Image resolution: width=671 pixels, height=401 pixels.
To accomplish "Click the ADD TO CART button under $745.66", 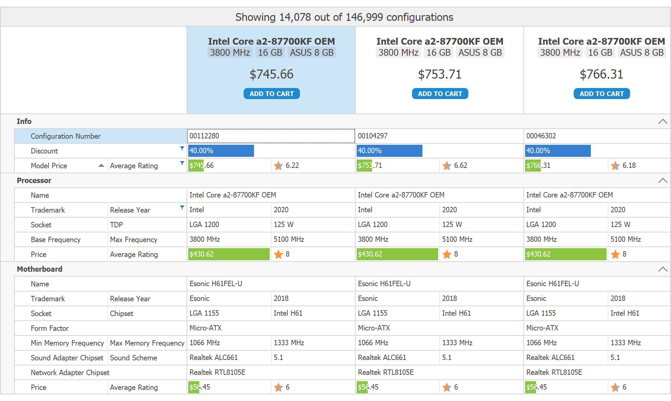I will pos(271,94).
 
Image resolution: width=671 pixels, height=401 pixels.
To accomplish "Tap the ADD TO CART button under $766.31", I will pos(602,94).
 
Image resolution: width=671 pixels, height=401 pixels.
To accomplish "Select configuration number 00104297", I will pos(372,136).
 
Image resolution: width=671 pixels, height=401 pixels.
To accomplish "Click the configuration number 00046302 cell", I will pos(541,136).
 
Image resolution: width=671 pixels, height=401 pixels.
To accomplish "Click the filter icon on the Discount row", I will pos(182,148).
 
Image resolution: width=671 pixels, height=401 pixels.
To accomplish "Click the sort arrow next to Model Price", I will pos(101,166).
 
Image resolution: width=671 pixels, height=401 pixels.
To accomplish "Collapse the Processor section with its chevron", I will pos(663,181).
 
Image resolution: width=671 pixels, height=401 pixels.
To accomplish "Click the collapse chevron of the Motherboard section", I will pos(663,269).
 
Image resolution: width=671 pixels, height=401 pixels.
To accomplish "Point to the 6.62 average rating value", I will pos(460,166).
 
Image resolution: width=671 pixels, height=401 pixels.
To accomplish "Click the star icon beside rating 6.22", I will pos(278,166).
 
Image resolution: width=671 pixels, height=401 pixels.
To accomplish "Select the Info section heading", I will pos(24,122).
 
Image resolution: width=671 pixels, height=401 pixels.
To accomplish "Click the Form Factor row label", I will pos(50,328).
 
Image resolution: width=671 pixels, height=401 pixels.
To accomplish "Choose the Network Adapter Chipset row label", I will pos(70,373).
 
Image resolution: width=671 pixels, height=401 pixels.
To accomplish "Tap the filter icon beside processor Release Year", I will pos(182,208).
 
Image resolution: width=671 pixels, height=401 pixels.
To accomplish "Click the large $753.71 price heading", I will pos(440,74).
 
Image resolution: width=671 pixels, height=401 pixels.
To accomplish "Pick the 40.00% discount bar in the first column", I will pos(221,151).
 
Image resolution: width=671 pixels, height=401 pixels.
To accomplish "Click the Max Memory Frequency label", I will pos(147,343).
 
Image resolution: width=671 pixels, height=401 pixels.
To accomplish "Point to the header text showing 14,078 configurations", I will pos(344,17).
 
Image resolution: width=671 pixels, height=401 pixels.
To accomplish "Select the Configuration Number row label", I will pos(65,136).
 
